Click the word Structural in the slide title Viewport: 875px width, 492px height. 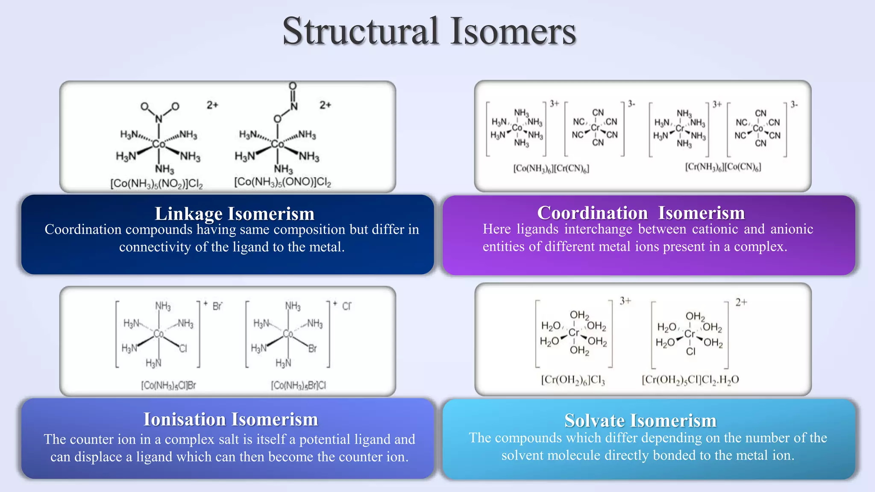[361, 31]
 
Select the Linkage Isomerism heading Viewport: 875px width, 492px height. [234, 214]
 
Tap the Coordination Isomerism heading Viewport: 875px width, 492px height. [641, 213]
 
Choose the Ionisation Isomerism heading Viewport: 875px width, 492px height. [231, 419]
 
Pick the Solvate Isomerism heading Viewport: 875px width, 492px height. [640, 421]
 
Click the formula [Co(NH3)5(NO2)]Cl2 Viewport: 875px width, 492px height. [156, 184]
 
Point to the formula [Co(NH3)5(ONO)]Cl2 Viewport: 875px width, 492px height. [282, 182]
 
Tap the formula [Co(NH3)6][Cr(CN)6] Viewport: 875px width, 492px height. [551, 168]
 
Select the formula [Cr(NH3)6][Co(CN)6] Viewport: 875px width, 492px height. [723, 167]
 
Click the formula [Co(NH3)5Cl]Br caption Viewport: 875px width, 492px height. [168, 386]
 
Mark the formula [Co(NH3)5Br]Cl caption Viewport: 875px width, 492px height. [298, 386]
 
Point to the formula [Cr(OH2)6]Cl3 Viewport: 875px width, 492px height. [573, 380]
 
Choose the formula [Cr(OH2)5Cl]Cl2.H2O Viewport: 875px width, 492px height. [690, 380]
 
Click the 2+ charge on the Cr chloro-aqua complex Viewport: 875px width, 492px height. [741, 302]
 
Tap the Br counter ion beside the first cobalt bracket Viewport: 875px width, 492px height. [217, 306]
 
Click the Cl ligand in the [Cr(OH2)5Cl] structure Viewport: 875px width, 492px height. [690, 351]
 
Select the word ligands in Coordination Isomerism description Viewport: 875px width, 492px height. [537, 229]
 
